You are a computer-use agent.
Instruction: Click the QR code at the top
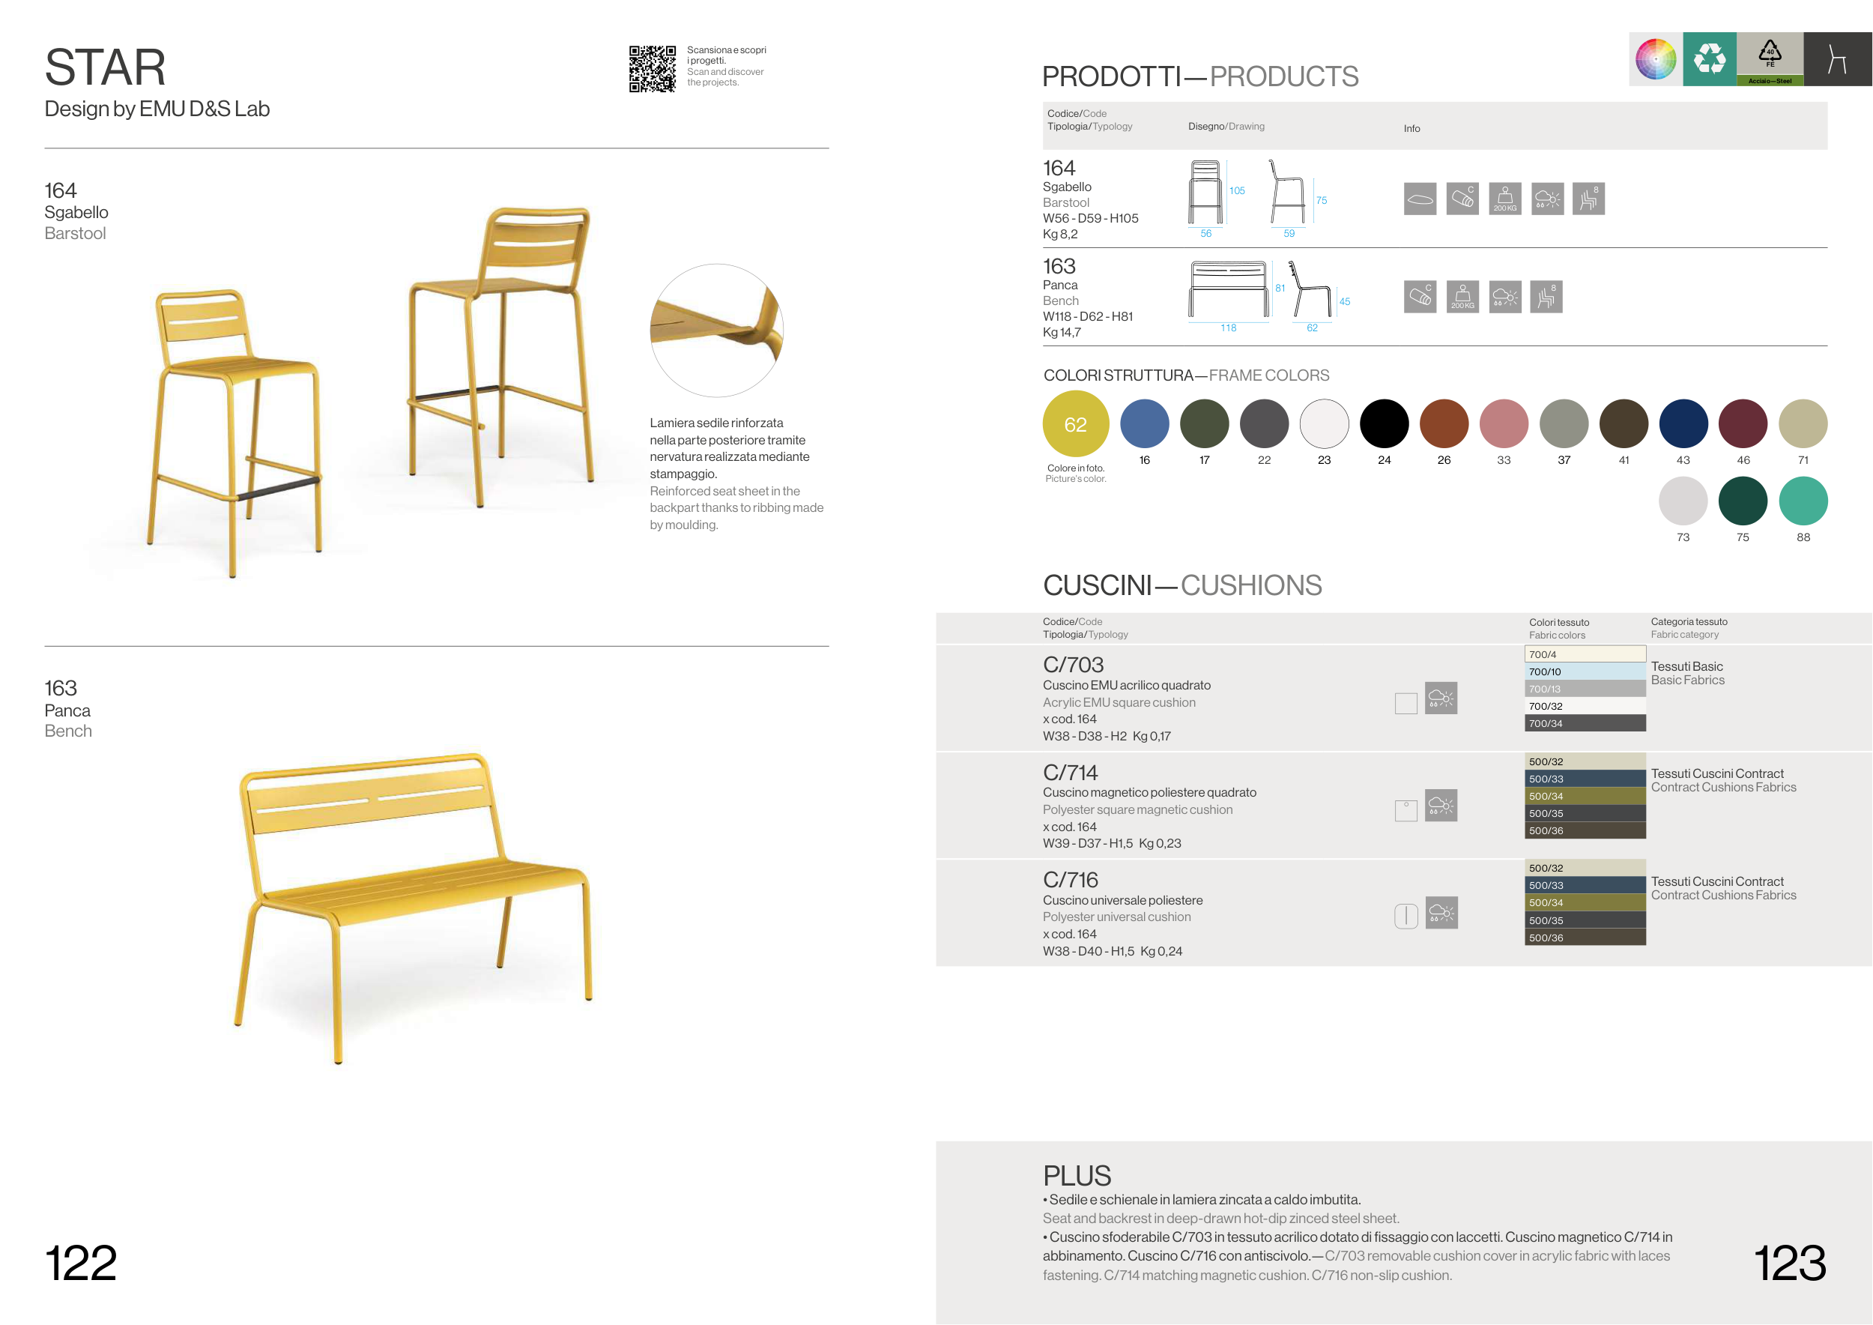click(652, 68)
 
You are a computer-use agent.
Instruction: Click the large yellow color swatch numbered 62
click(1075, 423)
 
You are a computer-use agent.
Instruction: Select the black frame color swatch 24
click(1384, 423)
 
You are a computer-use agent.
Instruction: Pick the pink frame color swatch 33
click(1504, 423)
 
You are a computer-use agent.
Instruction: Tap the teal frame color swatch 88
click(1803, 501)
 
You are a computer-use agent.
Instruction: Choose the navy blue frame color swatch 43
click(1683, 423)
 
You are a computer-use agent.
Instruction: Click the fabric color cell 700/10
click(1585, 671)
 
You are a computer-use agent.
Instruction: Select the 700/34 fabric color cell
click(1585, 723)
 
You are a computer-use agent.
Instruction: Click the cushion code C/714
click(1071, 772)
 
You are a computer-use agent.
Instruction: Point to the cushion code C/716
click(1071, 880)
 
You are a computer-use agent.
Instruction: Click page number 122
click(81, 1263)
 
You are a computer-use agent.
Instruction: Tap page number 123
click(1790, 1263)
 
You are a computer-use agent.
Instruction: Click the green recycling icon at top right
click(1710, 58)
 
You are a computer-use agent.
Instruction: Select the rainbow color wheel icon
click(1656, 58)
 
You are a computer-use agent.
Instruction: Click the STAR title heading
click(105, 67)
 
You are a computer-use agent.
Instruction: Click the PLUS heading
click(1077, 1176)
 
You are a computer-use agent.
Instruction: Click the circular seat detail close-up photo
click(716, 331)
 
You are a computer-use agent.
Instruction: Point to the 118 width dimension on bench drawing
click(1228, 328)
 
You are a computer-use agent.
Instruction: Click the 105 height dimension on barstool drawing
click(1237, 191)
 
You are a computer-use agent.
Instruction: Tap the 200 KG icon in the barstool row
click(1505, 199)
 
